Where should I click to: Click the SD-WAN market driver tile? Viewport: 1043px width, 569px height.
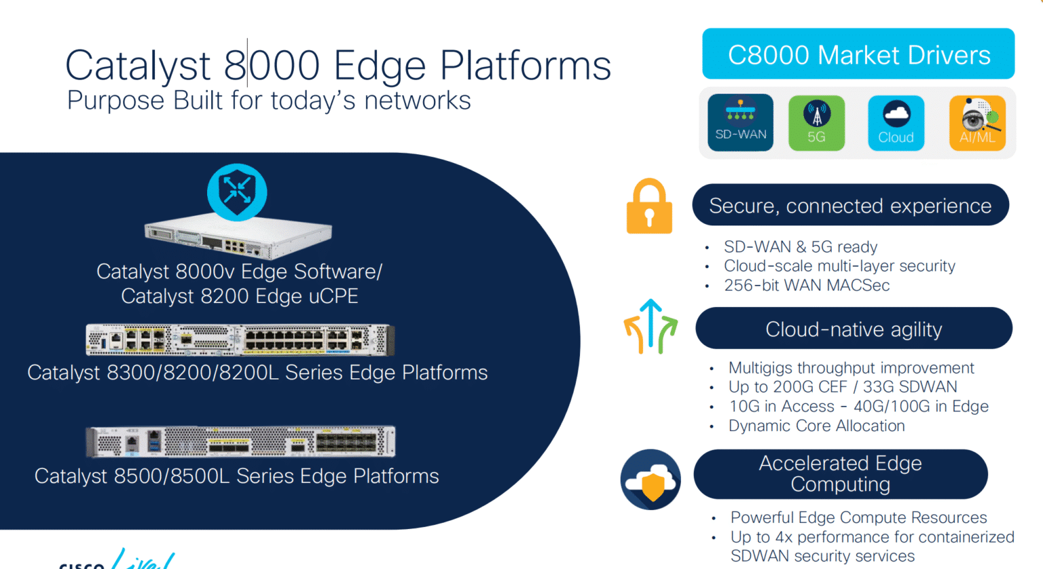click(740, 122)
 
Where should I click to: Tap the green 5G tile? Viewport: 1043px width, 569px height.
click(816, 123)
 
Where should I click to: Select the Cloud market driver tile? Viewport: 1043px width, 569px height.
click(896, 123)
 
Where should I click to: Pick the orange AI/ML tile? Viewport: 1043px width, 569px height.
click(977, 123)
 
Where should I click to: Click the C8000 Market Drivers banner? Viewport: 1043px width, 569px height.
click(858, 54)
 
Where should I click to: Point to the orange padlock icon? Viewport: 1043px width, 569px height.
click(649, 206)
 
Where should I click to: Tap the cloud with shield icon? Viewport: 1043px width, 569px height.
click(651, 479)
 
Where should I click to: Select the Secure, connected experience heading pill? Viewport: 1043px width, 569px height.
click(850, 205)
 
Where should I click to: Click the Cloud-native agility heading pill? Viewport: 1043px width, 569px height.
click(854, 329)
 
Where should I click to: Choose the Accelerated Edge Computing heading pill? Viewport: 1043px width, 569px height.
click(840, 474)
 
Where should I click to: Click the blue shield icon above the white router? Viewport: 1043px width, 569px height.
click(237, 192)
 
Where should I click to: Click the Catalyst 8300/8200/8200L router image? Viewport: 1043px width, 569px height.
click(240, 339)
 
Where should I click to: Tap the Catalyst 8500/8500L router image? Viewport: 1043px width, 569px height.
click(240, 442)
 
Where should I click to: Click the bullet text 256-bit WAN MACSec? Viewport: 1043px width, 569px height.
click(807, 285)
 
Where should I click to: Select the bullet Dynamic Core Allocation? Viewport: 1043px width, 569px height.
click(816, 426)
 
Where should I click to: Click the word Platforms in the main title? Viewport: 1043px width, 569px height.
click(526, 66)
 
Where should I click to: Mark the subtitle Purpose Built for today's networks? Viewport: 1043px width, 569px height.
click(269, 100)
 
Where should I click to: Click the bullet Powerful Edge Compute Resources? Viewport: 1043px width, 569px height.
click(858, 517)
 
